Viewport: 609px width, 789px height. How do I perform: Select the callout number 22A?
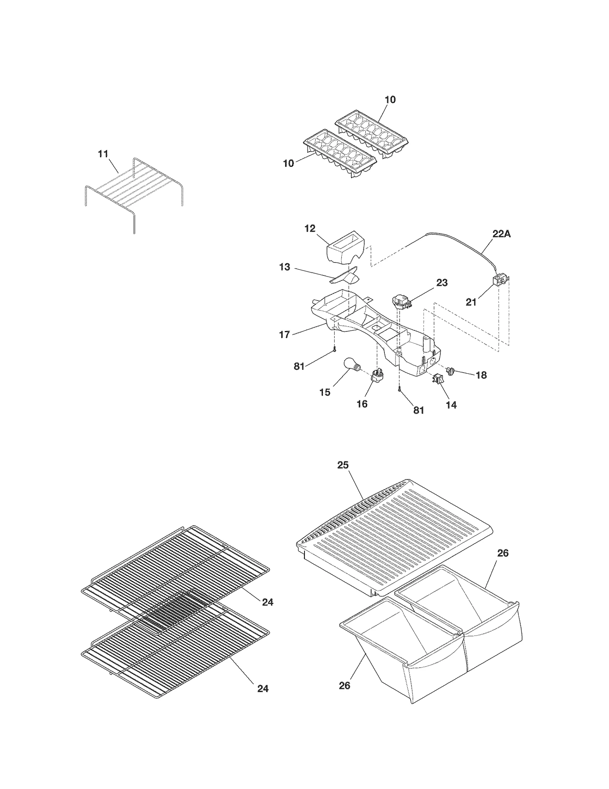[501, 234]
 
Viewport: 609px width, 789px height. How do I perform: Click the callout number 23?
[442, 283]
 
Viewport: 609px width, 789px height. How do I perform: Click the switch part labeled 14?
[438, 379]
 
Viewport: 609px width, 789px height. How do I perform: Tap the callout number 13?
[284, 267]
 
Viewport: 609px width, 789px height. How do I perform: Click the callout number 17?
[284, 334]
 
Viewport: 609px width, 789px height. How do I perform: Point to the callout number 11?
[103, 154]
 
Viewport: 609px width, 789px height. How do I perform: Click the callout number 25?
[343, 465]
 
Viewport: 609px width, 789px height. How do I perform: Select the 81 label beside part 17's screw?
[299, 366]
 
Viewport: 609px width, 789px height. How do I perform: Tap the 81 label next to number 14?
[419, 410]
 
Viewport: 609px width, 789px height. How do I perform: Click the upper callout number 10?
[390, 100]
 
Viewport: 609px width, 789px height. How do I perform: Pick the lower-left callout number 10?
[289, 163]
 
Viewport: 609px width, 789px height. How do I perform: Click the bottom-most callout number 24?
[263, 689]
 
